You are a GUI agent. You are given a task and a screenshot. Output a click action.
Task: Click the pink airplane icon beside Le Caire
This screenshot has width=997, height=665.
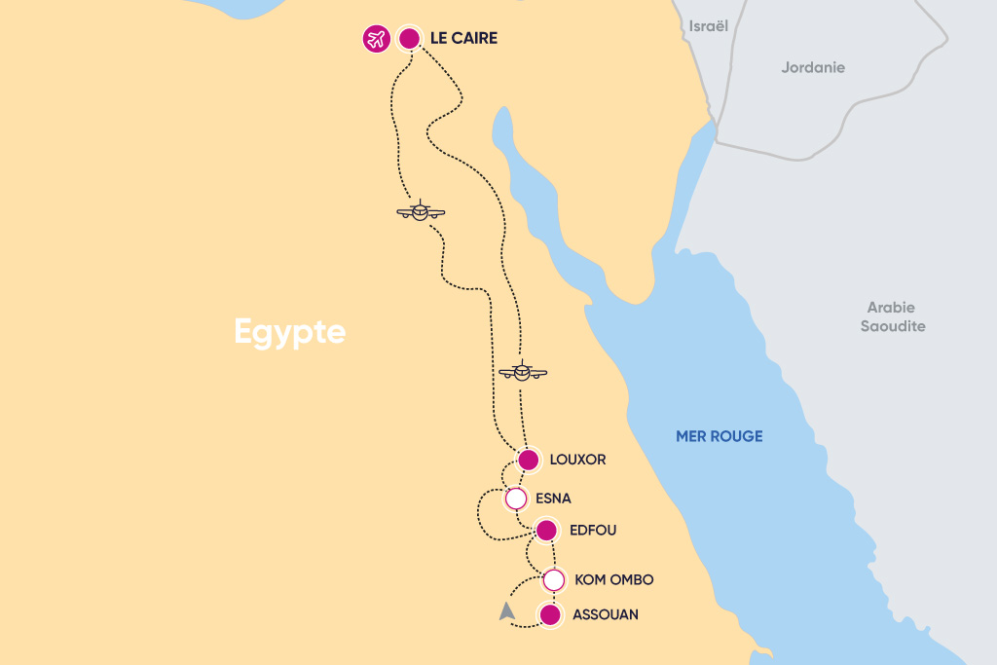(376, 39)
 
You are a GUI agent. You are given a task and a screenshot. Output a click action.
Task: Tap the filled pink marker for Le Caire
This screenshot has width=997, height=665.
(410, 39)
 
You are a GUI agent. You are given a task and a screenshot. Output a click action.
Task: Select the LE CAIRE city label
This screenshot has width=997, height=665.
(463, 39)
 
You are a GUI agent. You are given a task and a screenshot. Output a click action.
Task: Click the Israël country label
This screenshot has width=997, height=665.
(708, 26)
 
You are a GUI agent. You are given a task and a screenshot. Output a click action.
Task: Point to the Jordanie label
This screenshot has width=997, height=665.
(813, 68)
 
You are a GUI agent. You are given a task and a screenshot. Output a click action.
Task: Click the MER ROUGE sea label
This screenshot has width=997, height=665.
(720, 436)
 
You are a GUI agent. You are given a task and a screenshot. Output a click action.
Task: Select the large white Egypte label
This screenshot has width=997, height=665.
(290, 332)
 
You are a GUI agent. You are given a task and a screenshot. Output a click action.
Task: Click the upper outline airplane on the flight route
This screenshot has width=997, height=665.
(421, 211)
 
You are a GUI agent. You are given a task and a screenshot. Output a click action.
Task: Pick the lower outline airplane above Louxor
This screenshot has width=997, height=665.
(523, 371)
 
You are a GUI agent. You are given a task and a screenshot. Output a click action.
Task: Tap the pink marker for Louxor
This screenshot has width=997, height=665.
(528, 460)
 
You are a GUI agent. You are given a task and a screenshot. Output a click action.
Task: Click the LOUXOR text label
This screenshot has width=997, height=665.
(577, 460)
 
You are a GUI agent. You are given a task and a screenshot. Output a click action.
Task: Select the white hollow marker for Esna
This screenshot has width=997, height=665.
(516, 499)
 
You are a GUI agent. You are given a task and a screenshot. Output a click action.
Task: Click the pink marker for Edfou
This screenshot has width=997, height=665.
(546, 531)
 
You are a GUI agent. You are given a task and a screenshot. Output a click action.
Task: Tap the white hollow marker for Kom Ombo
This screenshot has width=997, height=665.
(553, 580)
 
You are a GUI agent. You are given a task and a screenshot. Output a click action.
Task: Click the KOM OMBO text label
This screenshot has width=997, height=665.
(614, 580)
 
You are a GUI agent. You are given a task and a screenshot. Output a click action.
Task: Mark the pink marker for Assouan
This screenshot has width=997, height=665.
(550, 615)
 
